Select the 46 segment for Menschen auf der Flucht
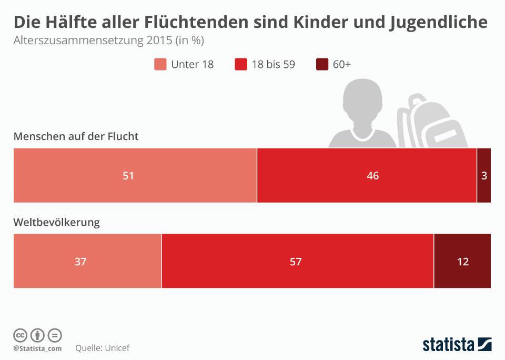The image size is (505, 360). click(x=372, y=176)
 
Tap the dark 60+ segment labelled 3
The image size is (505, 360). click(x=484, y=176)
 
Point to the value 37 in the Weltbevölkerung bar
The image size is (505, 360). click(x=80, y=261)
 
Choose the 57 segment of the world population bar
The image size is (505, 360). click(x=296, y=261)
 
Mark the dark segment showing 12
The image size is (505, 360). click(x=462, y=261)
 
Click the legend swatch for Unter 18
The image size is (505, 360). click(x=160, y=64)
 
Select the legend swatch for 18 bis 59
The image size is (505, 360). click(x=241, y=64)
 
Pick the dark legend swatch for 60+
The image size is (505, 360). click(x=322, y=64)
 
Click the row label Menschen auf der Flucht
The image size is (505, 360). click(x=76, y=136)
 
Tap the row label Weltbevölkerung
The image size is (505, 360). click(x=56, y=222)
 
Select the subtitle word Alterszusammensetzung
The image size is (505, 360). click(x=72, y=41)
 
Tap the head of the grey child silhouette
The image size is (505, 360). click(x=362, y=103)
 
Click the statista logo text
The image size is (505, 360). click(x=448, y=345)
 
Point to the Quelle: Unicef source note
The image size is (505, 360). click(x=102, y=348)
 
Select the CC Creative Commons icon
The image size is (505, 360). click(x=20, y=335)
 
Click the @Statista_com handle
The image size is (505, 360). click(x=37, y=348)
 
